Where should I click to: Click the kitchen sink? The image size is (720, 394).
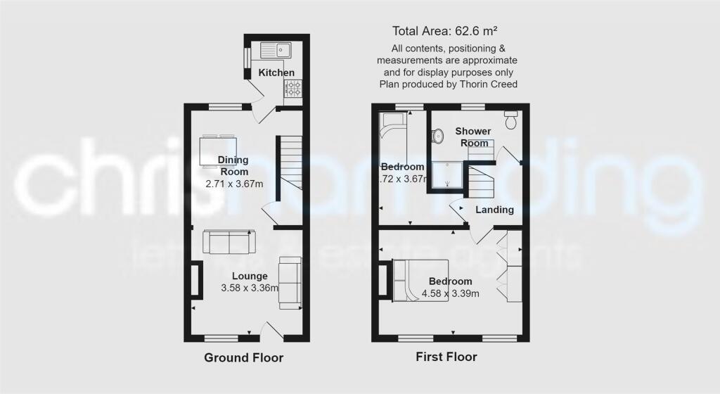coord(276,50)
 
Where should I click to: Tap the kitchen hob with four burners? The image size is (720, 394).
coord(293,89)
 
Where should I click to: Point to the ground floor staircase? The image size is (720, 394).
coord(288,163)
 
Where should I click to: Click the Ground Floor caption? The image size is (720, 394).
coord(244,358)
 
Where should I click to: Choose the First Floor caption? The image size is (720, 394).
coord(445,357)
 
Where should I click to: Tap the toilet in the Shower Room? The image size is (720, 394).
coord(511,120)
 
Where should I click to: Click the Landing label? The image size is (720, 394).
coord(494,210)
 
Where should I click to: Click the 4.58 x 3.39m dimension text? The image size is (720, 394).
coord(451,293)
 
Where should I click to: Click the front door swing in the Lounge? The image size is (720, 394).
coord(271,326)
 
